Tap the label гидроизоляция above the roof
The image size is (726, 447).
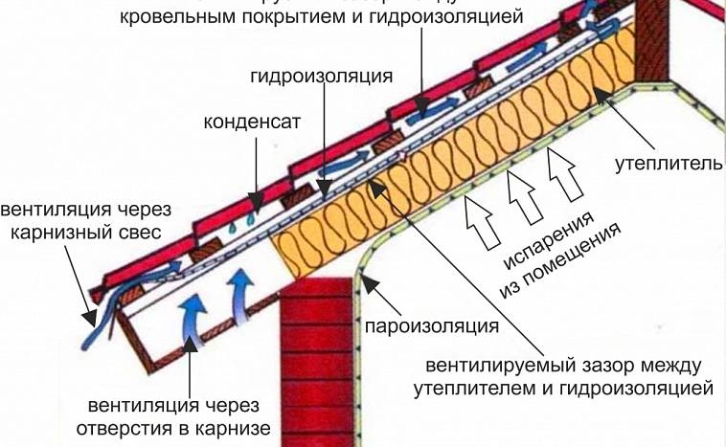[323, 75]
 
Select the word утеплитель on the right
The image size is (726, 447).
[668, 165]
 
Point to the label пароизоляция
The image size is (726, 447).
[431, 326]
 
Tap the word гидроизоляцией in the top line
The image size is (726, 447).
[461, 17]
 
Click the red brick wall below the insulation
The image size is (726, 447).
[315, 364]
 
